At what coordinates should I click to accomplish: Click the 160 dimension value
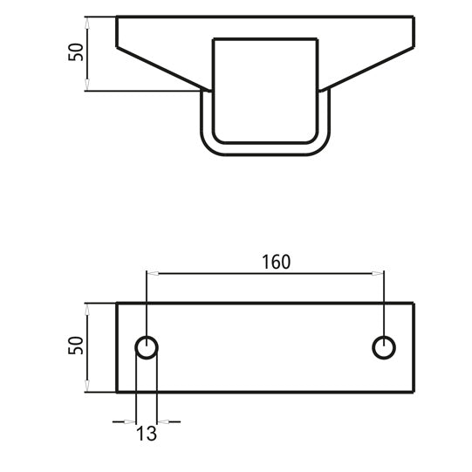click(275, 261)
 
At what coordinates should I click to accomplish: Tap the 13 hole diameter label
click(147, 432)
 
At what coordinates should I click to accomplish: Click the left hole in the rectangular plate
click(147, 347)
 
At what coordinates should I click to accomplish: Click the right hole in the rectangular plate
click(383, 347)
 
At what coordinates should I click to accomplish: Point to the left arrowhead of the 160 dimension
click(150, 273)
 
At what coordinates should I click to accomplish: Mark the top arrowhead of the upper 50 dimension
click(88, 20)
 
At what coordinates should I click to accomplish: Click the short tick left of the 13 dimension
click(122, 421)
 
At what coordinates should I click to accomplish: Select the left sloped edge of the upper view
click(161, 69)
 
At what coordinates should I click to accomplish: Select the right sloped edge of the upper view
click(371, 69)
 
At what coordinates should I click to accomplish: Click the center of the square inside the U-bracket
click(266, 90)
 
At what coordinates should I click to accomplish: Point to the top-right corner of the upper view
click(414, 17)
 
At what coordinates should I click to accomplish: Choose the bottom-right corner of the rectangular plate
click(414, 392)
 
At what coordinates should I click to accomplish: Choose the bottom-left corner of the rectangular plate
click(117, 392)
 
